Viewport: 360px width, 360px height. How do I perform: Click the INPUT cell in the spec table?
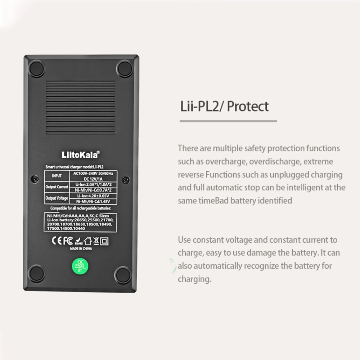(x=57, y=176)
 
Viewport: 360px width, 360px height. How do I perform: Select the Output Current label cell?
(x=57, y=187)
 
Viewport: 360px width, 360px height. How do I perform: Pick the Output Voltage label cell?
(x=57, y=198)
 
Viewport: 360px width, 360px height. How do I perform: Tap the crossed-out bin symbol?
(x=96, y=241)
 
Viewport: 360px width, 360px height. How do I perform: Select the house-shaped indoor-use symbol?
(x=88, y=241)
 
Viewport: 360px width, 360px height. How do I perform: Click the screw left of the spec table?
(x=35, y=179)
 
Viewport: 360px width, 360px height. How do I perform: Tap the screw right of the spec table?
(x=125, y=179)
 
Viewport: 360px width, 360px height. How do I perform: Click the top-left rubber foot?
(x=36, y=68)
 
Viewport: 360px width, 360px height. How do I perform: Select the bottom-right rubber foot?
(x=123, y=275)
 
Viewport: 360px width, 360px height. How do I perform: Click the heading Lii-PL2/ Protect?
(x=224, y=107)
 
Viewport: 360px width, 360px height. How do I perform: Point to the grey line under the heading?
(x=228, y=121)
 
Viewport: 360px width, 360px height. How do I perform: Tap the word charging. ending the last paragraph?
(x=194, y=279)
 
